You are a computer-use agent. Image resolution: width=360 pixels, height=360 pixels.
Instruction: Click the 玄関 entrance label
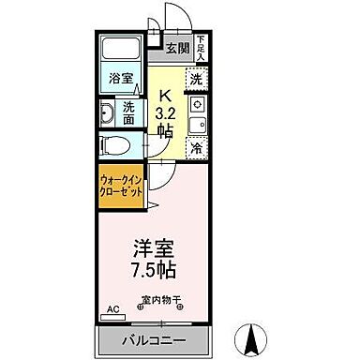click(177, 49)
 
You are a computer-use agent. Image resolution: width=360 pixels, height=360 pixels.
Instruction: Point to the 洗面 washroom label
click(129, 113)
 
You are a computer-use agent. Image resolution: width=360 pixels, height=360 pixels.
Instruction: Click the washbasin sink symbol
click(107, 114)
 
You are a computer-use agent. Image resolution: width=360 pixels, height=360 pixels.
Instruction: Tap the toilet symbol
click(112, 145)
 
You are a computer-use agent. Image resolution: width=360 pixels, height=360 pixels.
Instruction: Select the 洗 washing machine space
click(195, 79)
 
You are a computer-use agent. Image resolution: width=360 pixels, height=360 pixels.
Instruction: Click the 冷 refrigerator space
click(197, 147)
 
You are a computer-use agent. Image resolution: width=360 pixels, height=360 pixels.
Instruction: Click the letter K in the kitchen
click(164, 94)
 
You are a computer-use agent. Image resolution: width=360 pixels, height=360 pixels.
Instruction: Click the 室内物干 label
click(162, 301)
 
